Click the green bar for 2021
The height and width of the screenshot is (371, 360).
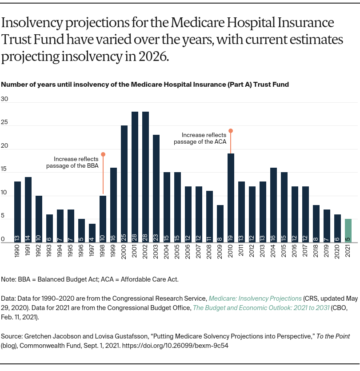[348, 230]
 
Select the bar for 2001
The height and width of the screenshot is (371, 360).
[135, 177]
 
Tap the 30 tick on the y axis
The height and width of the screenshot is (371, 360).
[5, 99]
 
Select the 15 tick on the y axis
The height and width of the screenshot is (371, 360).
[5, 169]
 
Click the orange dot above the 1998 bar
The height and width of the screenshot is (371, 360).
[103, 154]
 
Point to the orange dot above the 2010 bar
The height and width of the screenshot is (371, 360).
[231, 131]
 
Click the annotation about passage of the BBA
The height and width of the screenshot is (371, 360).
[72, 162]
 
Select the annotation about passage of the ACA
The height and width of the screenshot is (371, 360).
[200, 138]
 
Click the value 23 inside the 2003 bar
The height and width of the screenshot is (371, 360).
[156, 238]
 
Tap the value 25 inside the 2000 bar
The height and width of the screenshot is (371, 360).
[124, 238]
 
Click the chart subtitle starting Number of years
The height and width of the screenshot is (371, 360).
[145, 85]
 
